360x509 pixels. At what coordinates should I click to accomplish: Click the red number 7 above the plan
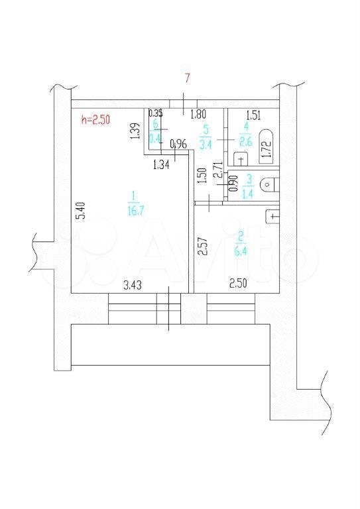point(187,79)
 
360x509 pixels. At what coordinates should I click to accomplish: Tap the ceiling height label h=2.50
point(95,119)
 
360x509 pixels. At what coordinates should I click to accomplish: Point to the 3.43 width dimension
point(133,286)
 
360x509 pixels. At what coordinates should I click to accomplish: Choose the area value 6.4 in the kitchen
point(241,251)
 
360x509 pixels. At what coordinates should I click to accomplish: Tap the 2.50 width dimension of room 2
point(238,284)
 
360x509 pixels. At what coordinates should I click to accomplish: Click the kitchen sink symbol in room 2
point(272,216)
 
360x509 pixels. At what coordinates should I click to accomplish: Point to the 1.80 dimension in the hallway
point(198,115)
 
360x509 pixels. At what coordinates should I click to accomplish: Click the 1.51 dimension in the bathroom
point(253,115)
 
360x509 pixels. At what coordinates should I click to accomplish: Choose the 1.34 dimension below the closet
point(161,165)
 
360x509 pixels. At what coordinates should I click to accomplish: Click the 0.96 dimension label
point(179,144)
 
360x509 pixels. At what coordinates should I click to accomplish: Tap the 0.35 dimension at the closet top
point(156,113)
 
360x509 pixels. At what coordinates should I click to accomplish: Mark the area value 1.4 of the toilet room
point(249,194)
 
